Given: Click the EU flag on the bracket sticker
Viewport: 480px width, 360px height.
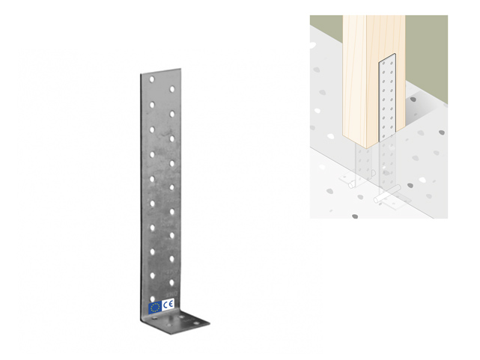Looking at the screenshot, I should point(155,306).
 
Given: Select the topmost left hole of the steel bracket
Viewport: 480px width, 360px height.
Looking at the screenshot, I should point(151,79).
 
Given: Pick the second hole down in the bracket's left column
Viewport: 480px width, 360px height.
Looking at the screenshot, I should point(151,103).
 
